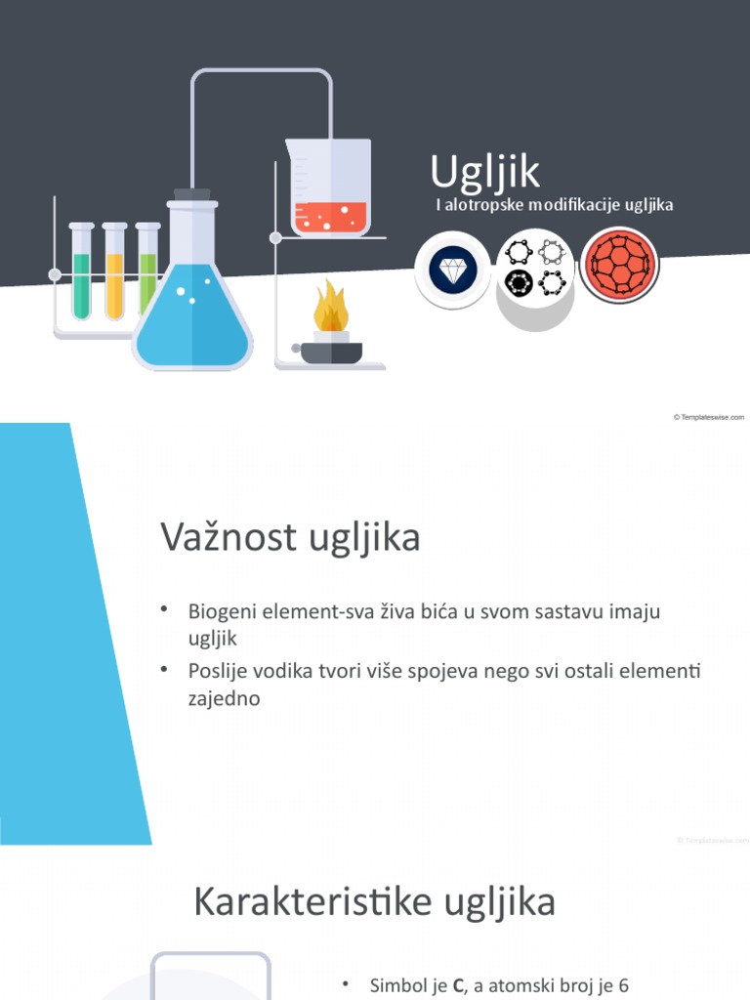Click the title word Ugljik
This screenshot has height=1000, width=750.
point(484,172)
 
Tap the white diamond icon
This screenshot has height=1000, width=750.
point(451,269)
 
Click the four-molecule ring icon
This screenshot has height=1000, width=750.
point(535,268)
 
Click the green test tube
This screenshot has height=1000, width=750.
point(81,277)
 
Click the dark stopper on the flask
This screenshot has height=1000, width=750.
point(191,195)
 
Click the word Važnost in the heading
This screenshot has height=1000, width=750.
point(217,538)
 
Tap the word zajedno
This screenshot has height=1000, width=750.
point(224,699)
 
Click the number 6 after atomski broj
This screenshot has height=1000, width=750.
point(623,986)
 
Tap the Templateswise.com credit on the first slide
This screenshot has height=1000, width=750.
point(709,417)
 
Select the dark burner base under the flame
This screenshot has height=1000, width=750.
point(331,352)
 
